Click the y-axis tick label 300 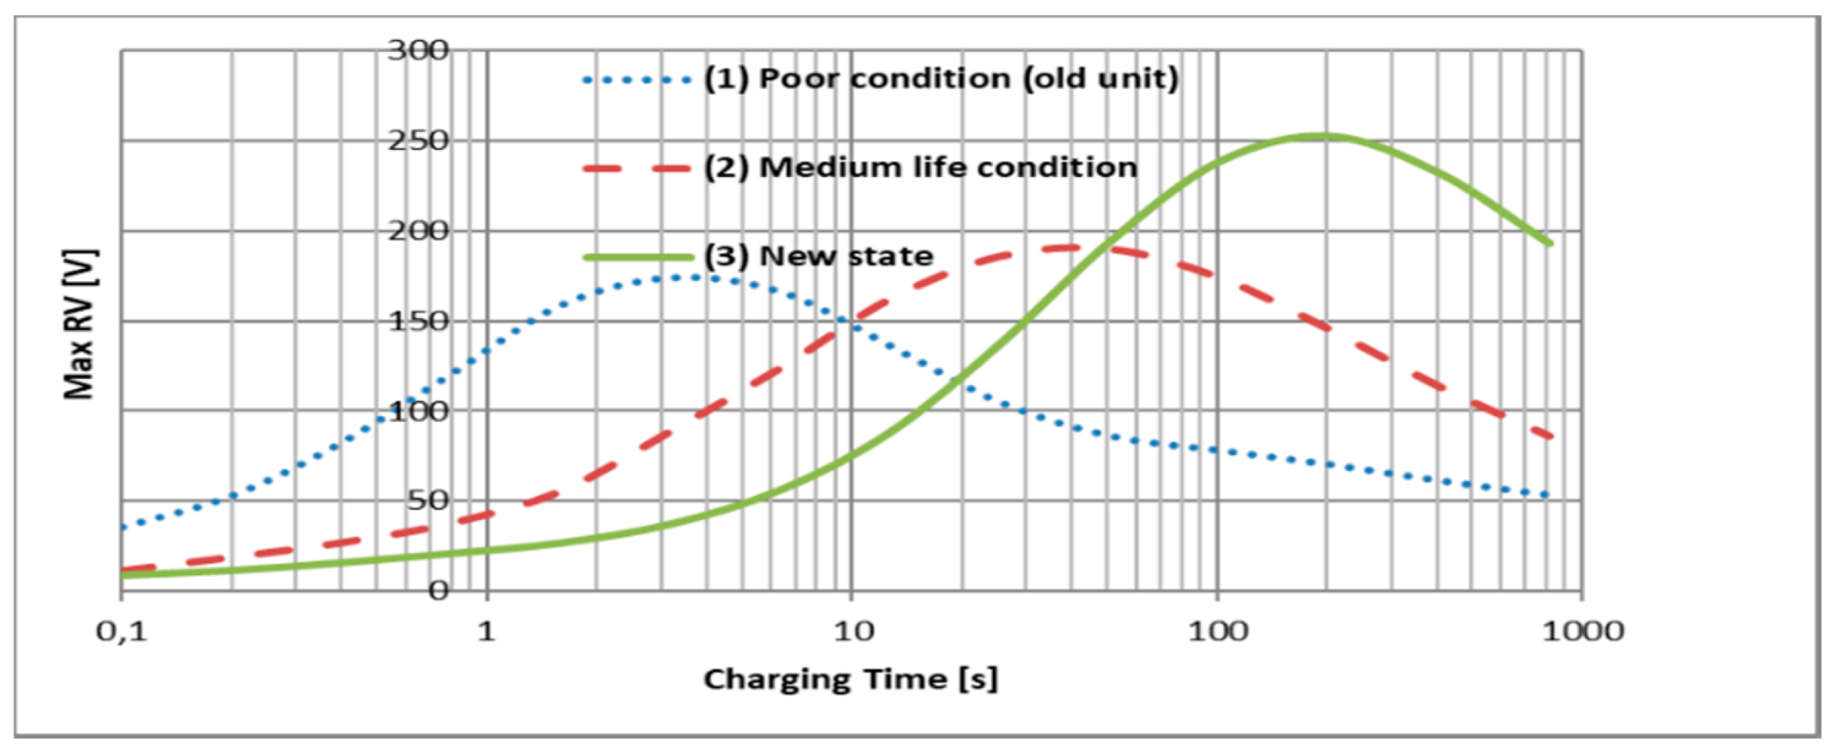point(418,51)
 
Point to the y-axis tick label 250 point(418,142)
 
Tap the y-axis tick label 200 point(418,231)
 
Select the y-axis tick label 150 point(418,322)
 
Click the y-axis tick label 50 point(427,501)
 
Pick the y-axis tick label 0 point(438,590)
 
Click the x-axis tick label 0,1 point(121,632)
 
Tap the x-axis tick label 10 point(852,632)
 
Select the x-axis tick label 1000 point(1582,632)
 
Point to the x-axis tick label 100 point(1217,632)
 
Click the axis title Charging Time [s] point(851,679)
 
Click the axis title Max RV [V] point(80,324)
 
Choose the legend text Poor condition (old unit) point(941,79)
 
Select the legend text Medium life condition point(920,168)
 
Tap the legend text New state point(819,257)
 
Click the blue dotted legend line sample point(637,80)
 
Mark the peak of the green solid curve point(1319,136)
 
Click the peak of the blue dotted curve point(689,277)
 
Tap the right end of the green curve point(1551,244)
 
